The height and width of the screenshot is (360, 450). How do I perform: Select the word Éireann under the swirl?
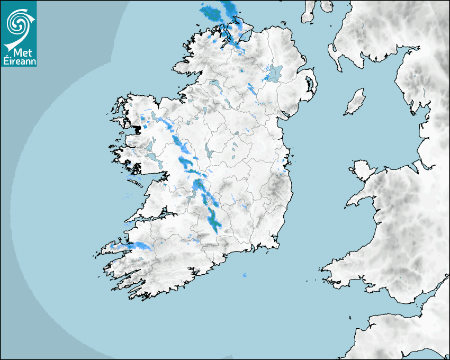[x=19, y=61]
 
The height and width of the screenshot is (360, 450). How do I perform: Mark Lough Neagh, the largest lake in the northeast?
[x=275, y=73]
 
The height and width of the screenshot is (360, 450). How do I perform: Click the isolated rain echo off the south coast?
[x=245, y=276]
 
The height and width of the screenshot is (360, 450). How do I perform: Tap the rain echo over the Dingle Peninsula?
[x=138, y=246]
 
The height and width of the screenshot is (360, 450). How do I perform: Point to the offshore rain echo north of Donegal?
[x=212, y=11]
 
